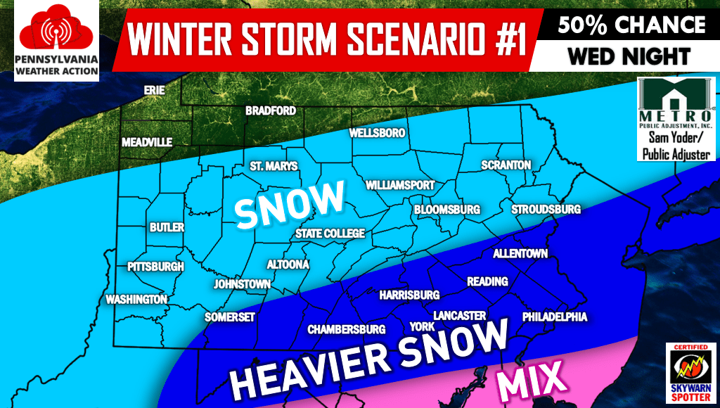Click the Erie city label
(154, 91)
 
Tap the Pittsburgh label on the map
(155, 267)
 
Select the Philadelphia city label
(554, 317)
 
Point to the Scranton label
(506, 165)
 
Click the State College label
(330, 234)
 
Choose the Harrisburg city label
(409, 295)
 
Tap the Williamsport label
(400, 186)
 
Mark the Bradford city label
(270, 111)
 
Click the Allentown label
(520, 253)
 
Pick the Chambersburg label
(346, 329)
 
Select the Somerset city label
(229, 317)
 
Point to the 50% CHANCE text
(631, 25)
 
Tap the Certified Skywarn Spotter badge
(689, 373)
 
